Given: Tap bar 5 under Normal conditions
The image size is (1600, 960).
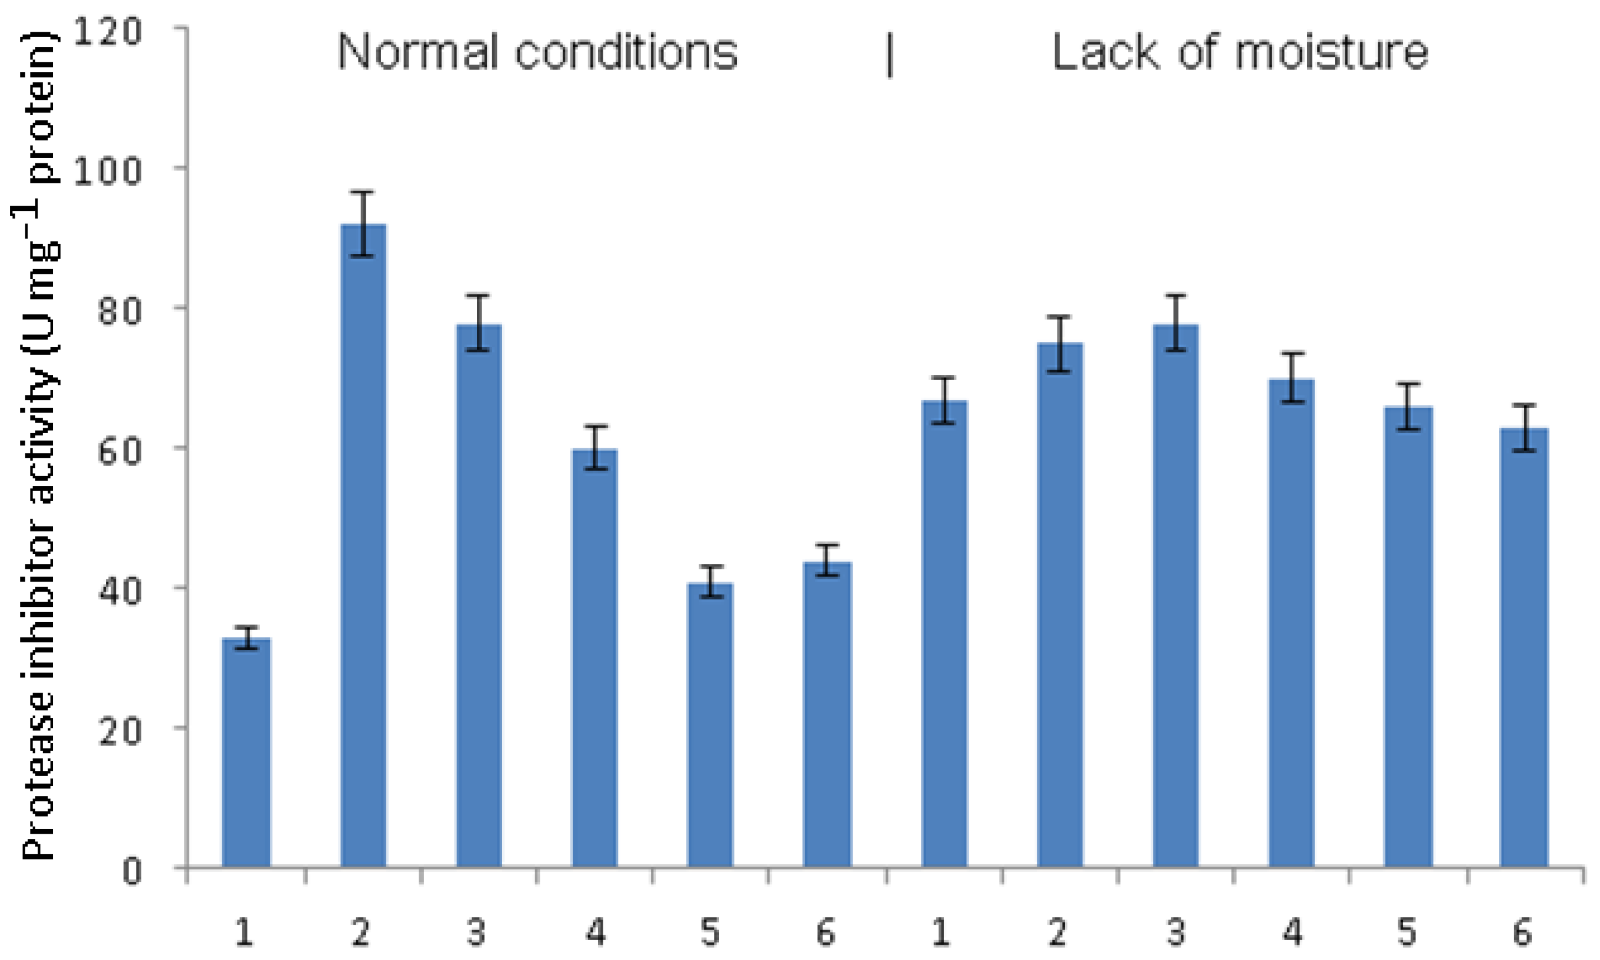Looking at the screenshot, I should [x=710, y=724].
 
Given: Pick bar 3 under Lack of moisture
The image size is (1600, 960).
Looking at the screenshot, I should [x=1175, y=595].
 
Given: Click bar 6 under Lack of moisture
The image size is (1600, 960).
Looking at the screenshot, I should [x=1524, y=647].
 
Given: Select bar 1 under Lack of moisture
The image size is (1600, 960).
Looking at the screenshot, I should [x=944, y=634].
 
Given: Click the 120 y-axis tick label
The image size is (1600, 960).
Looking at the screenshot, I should [x=107, y=31].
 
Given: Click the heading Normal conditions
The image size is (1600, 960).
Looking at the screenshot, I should [x=537, y=52].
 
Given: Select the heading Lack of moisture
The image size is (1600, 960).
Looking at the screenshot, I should [x=1240, y=52].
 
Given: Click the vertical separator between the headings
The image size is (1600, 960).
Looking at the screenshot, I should [x=890, y=56].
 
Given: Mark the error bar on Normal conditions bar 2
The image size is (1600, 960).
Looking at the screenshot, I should [x=363, y=224].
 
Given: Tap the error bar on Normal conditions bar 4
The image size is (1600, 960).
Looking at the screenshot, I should [x=595, y=447].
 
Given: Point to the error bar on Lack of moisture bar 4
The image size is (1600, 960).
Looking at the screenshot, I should [x=1291, y=378].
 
